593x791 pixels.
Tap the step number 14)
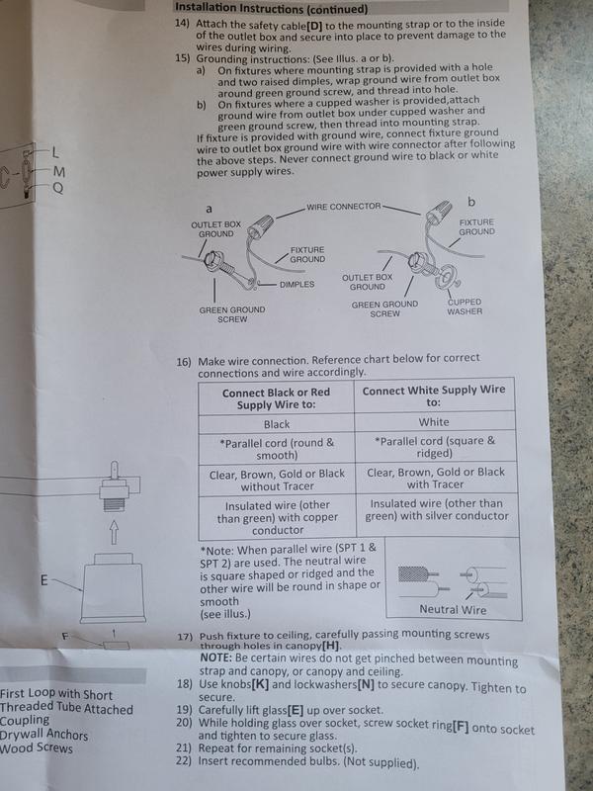(x=183, y=22)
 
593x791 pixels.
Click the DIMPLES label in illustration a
(x=296, y=284)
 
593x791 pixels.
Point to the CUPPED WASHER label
(x=464, y=305)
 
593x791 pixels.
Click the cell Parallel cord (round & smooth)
(x=276, y=448)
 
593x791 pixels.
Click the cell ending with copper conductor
(x=276, y=517)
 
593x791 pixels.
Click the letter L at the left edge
(x=56, y=152)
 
